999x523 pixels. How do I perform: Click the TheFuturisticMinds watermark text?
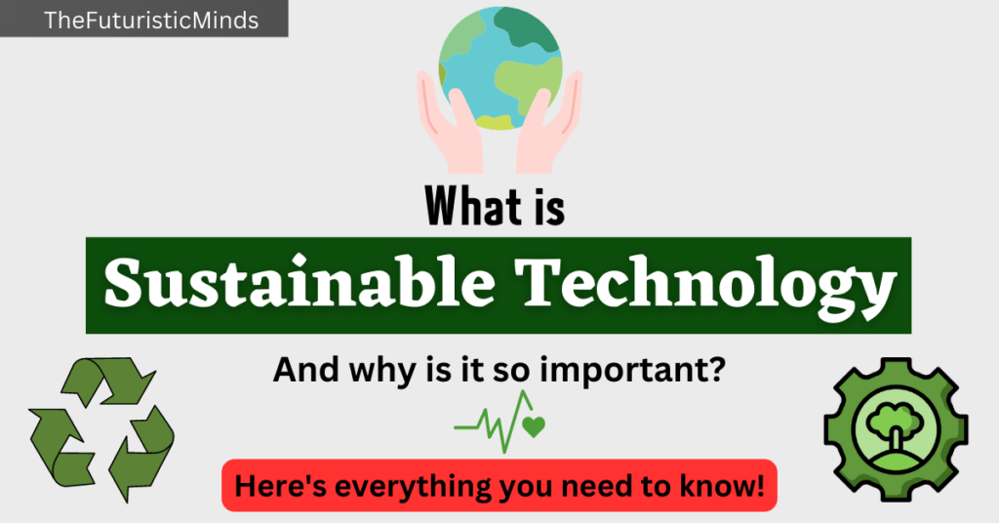pos(151,20)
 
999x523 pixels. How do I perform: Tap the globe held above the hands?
pos(500,68)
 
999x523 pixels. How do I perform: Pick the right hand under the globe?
pos(549,125)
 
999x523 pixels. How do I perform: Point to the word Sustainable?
pos(300,282)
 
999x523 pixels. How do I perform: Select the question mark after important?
pos(716,368)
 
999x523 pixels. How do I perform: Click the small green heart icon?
pos(534,426)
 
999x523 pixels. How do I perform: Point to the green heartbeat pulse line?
pos(493,422)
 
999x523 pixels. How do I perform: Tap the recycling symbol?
pos(101,428)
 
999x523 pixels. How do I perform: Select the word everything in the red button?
pos(414,487)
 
